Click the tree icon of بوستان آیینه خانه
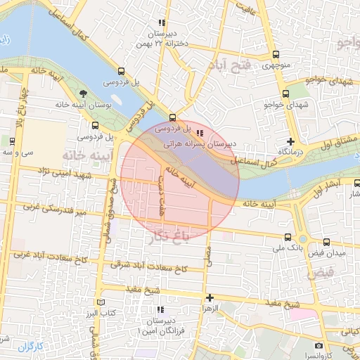[84, 94]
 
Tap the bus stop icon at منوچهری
[275, 55]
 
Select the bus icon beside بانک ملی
[287, 237]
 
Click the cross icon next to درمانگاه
[291, 142]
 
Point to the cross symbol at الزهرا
[209, 297]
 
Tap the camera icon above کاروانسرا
[319, 345]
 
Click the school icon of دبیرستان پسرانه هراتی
[200, 132]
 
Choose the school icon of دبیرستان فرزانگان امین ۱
[160, 309]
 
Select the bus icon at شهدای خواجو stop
[285, 94]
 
